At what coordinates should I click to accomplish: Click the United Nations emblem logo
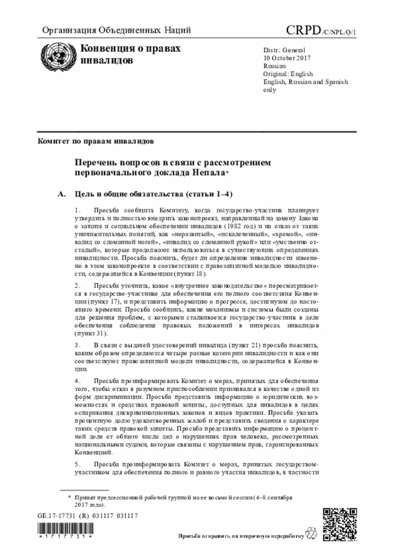(x=54, y=57)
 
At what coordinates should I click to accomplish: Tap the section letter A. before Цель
(x=61, y=194)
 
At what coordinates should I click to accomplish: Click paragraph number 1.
(x=76, y=210)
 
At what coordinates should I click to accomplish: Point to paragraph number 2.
(x=76, y=286)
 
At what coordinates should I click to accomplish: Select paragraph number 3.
(x=76, y=347)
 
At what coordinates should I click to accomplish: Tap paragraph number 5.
(x=76, y=463)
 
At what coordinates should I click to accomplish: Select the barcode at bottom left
(x=65, y=531)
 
